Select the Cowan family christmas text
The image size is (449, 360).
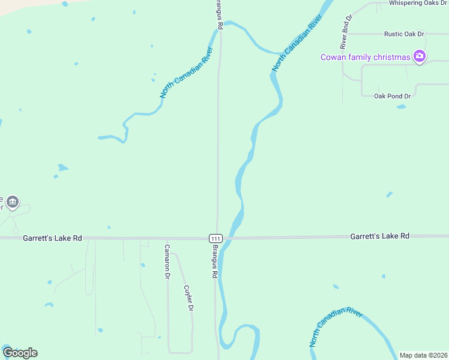365,58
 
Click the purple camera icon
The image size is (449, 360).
420,57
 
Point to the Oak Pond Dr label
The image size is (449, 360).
392,96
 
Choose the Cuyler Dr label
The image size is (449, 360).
188,297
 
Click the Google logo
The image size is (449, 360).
20,353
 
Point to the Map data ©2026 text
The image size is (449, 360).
423,355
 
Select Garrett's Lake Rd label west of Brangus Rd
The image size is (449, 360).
52,238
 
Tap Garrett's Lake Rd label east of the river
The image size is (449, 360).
379,236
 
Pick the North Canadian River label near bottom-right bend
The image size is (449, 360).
336,328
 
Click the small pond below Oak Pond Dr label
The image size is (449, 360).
401,107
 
